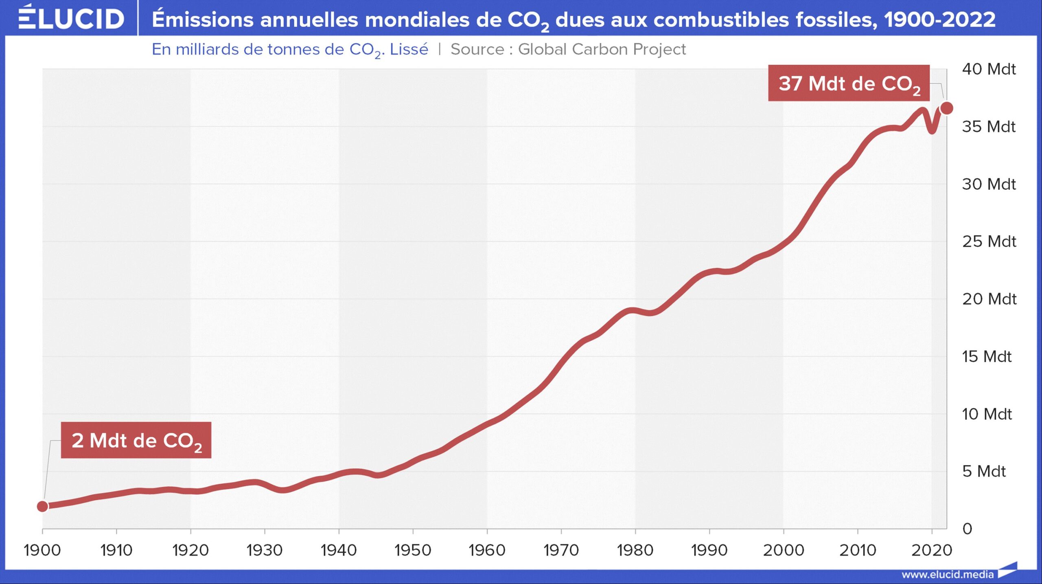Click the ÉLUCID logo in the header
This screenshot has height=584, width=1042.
[x=71, y=18]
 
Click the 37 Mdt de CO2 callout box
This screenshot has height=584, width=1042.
[x=849, y=83]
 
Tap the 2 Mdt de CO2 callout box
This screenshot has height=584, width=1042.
[x=136, y=440]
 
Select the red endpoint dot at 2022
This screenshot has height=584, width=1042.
[x=947, y=108]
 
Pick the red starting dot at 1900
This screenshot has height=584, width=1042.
[x=42, y=506]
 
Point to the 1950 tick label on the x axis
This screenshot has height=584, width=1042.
[x=413, y=550]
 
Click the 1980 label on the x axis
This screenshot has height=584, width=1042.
[x=635, y=550]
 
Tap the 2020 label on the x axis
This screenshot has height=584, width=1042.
[x=931, y=550]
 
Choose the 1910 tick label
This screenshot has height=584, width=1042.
[x=116, y=550]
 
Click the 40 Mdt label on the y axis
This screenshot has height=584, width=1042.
[x=989, y=69]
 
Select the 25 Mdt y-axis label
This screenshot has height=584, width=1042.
[x=989, y=242]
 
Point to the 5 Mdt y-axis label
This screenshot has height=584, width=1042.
[x=984, y=471]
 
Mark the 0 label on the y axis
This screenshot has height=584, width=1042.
[x=967, y=529]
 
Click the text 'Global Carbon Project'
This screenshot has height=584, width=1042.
[x=602, y=49]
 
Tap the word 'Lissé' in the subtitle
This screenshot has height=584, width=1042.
[x=409, y=49]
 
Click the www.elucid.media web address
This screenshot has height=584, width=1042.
[x=948, y=574]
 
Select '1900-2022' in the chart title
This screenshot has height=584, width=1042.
[x=939, y=19]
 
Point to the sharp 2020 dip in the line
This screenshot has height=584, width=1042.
[x=932, y=130]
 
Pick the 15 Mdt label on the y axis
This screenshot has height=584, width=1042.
[x=986, y=356]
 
